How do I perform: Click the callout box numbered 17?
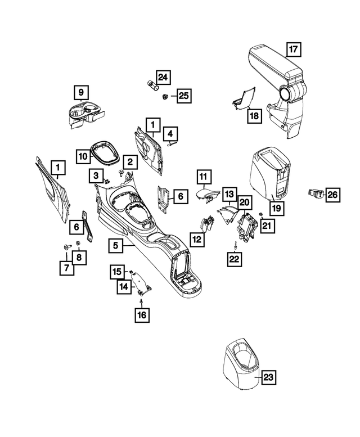pos(292,49)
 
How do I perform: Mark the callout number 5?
pos(115,245)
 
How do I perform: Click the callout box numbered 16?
pos(141,315)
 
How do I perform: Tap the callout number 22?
pos(235,259)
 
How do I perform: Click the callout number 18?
pos(255,116)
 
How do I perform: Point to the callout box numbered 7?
pos(66,267)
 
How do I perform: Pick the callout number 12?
pos(197,239)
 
